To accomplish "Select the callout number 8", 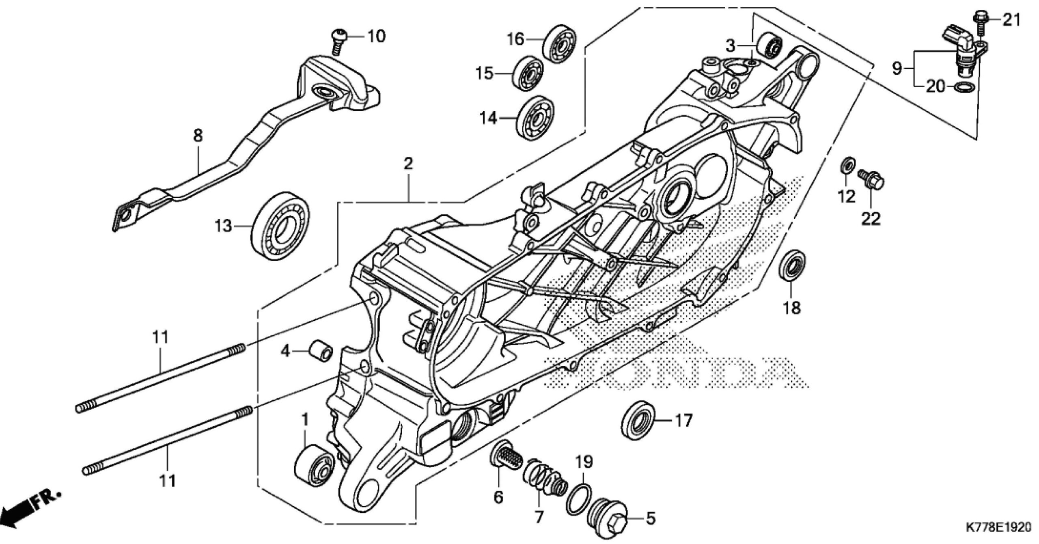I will point(198,136).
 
